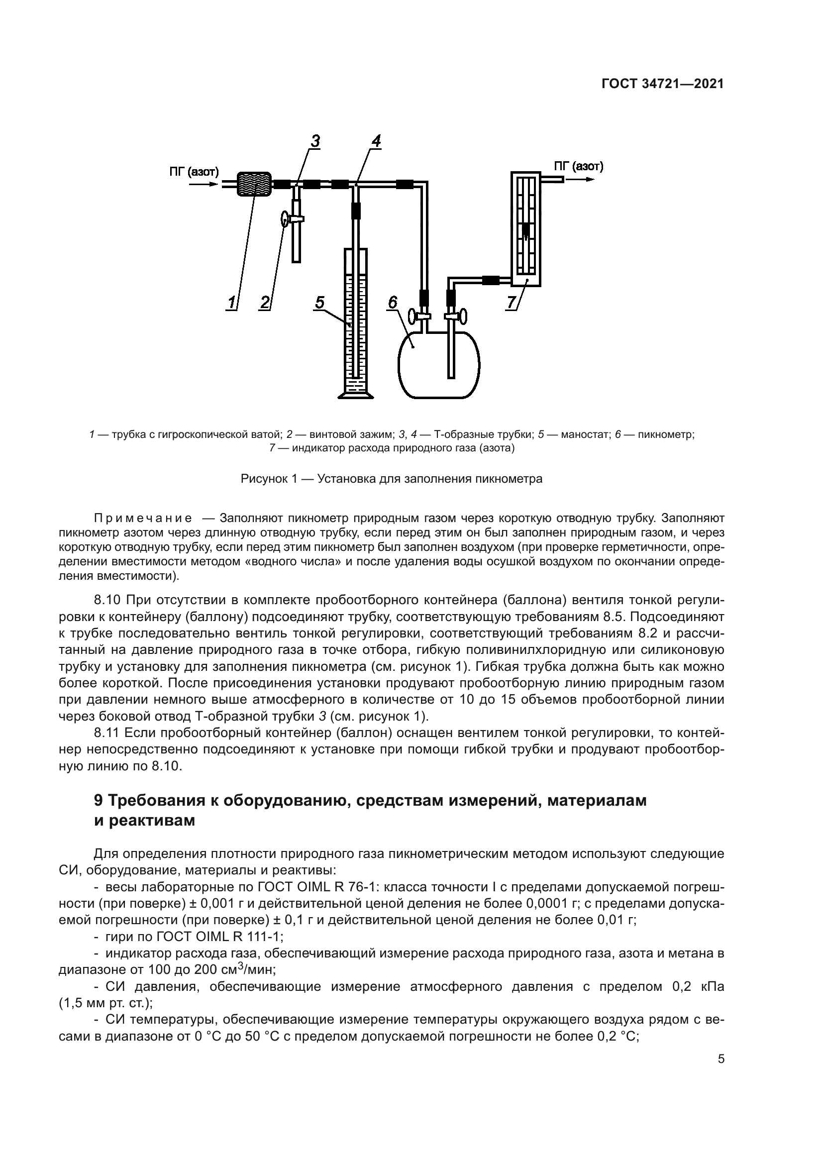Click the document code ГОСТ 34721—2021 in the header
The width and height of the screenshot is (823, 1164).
(662, 84)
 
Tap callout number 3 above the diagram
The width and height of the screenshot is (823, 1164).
(315, 141)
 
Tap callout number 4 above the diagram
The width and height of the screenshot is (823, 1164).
(376, 141)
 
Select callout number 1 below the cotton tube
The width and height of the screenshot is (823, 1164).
(231, 303)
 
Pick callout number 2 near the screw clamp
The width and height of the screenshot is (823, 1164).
(265, 303)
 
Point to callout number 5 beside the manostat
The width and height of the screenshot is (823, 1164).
(319, 303)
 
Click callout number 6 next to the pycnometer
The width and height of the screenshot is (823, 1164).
(393, 303)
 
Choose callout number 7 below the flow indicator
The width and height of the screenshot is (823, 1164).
(511, 303)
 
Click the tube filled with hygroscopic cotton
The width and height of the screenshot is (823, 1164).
(254, 184)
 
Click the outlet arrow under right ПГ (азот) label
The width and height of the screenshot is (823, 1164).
(583, 180)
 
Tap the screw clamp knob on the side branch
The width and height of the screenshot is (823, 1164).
(285, 219)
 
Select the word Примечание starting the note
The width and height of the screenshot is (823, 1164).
(143, 519)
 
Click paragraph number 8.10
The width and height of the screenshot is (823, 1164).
(106, 601)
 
